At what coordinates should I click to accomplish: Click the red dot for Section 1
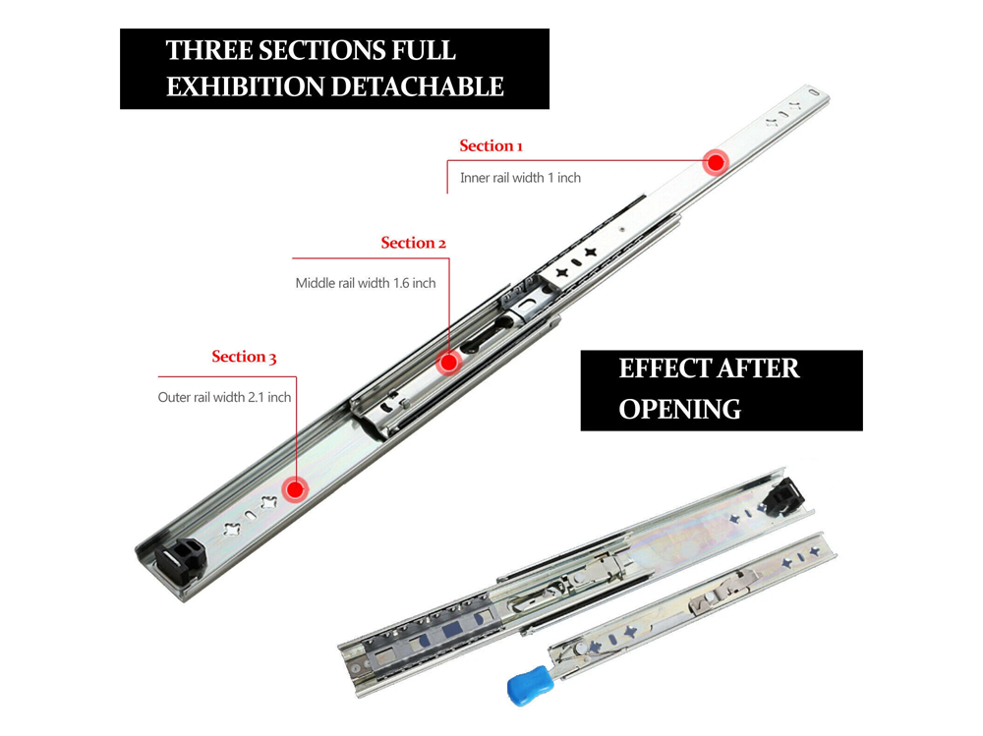(x=716, y=162)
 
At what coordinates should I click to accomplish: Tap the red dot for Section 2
(x=449, y=362)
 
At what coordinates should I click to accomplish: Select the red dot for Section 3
(x=294, y=488)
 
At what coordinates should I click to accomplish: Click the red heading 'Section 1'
(x=491, y=146)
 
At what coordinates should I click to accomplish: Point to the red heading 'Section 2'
(x=414, y=243)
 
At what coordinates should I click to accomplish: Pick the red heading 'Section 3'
(x=244, y=357)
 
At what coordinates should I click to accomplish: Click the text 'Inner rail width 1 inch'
(x=520, y=178)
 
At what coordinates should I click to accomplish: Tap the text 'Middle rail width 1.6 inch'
(x=366, y=283)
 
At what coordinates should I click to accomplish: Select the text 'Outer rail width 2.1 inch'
(x=224, y=398)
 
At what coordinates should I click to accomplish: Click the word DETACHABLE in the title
(x=417, y=86)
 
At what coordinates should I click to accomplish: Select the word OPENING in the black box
(x=679, y=409)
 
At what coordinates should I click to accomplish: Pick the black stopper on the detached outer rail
(x=785, y=496)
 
